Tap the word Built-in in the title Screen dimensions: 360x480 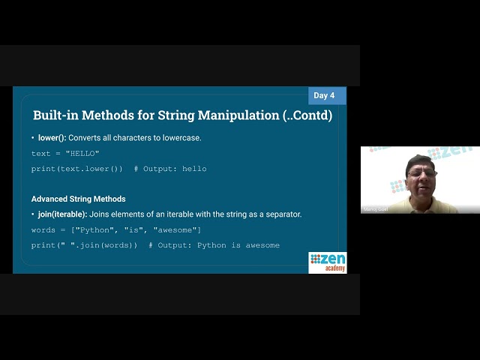pyautogui.click(x=57, y=115)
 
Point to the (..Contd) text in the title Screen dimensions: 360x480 pyautogui.click(x=304, y=115)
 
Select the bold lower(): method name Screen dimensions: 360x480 pyautogui.click(x=52, y=138)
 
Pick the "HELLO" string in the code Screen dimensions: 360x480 pyautogui.click(x=82, y=154)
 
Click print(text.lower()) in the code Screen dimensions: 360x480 pyautogui.click(x=76, y=169)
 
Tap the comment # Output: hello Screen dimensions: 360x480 pyautogui.click(x=170, y=169)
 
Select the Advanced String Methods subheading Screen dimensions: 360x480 pyautogui.click(x=78, y=199)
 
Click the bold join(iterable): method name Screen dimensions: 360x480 pyautogui.click(x=62, y=214)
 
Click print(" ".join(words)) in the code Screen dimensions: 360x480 pyautogui.click(x=84, y=245)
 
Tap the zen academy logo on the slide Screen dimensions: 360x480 pyautogui.click(x=328, y=262)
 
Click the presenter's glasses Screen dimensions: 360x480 pyautogui.click(x=422, y=173)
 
